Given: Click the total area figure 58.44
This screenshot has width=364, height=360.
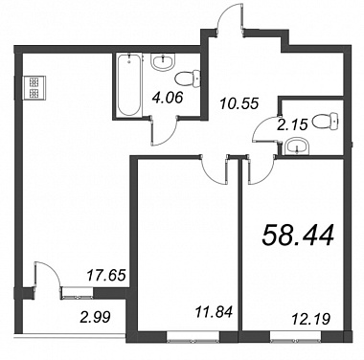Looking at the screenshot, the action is click(298, 236).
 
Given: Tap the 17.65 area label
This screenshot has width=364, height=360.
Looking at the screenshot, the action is click(106, 275).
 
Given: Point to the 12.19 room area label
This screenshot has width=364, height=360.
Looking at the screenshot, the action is click(311, 319).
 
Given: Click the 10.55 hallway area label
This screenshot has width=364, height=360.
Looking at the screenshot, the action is click(239, 103).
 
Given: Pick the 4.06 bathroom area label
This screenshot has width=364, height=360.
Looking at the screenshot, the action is click(167, 98).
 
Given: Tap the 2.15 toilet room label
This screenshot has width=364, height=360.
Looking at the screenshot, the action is click(292, 124).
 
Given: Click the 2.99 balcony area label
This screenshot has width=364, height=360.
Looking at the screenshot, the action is click(95, 318).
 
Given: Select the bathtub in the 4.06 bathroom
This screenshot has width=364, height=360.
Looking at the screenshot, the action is click(128, 85).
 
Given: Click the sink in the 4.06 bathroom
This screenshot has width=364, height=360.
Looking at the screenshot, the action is click(163, 61).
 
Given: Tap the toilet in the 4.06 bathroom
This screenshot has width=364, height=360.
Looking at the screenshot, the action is click(188, 79).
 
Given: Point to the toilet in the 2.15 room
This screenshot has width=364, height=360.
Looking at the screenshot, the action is click(325, 121).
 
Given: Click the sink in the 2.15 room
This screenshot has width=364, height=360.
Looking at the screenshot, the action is click(297, 146).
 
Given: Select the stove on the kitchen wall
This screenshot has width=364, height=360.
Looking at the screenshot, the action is click(34, 88).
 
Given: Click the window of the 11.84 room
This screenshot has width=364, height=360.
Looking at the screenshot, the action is click(193, 337).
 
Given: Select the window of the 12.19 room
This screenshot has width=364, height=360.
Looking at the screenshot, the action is click(295, 337).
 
